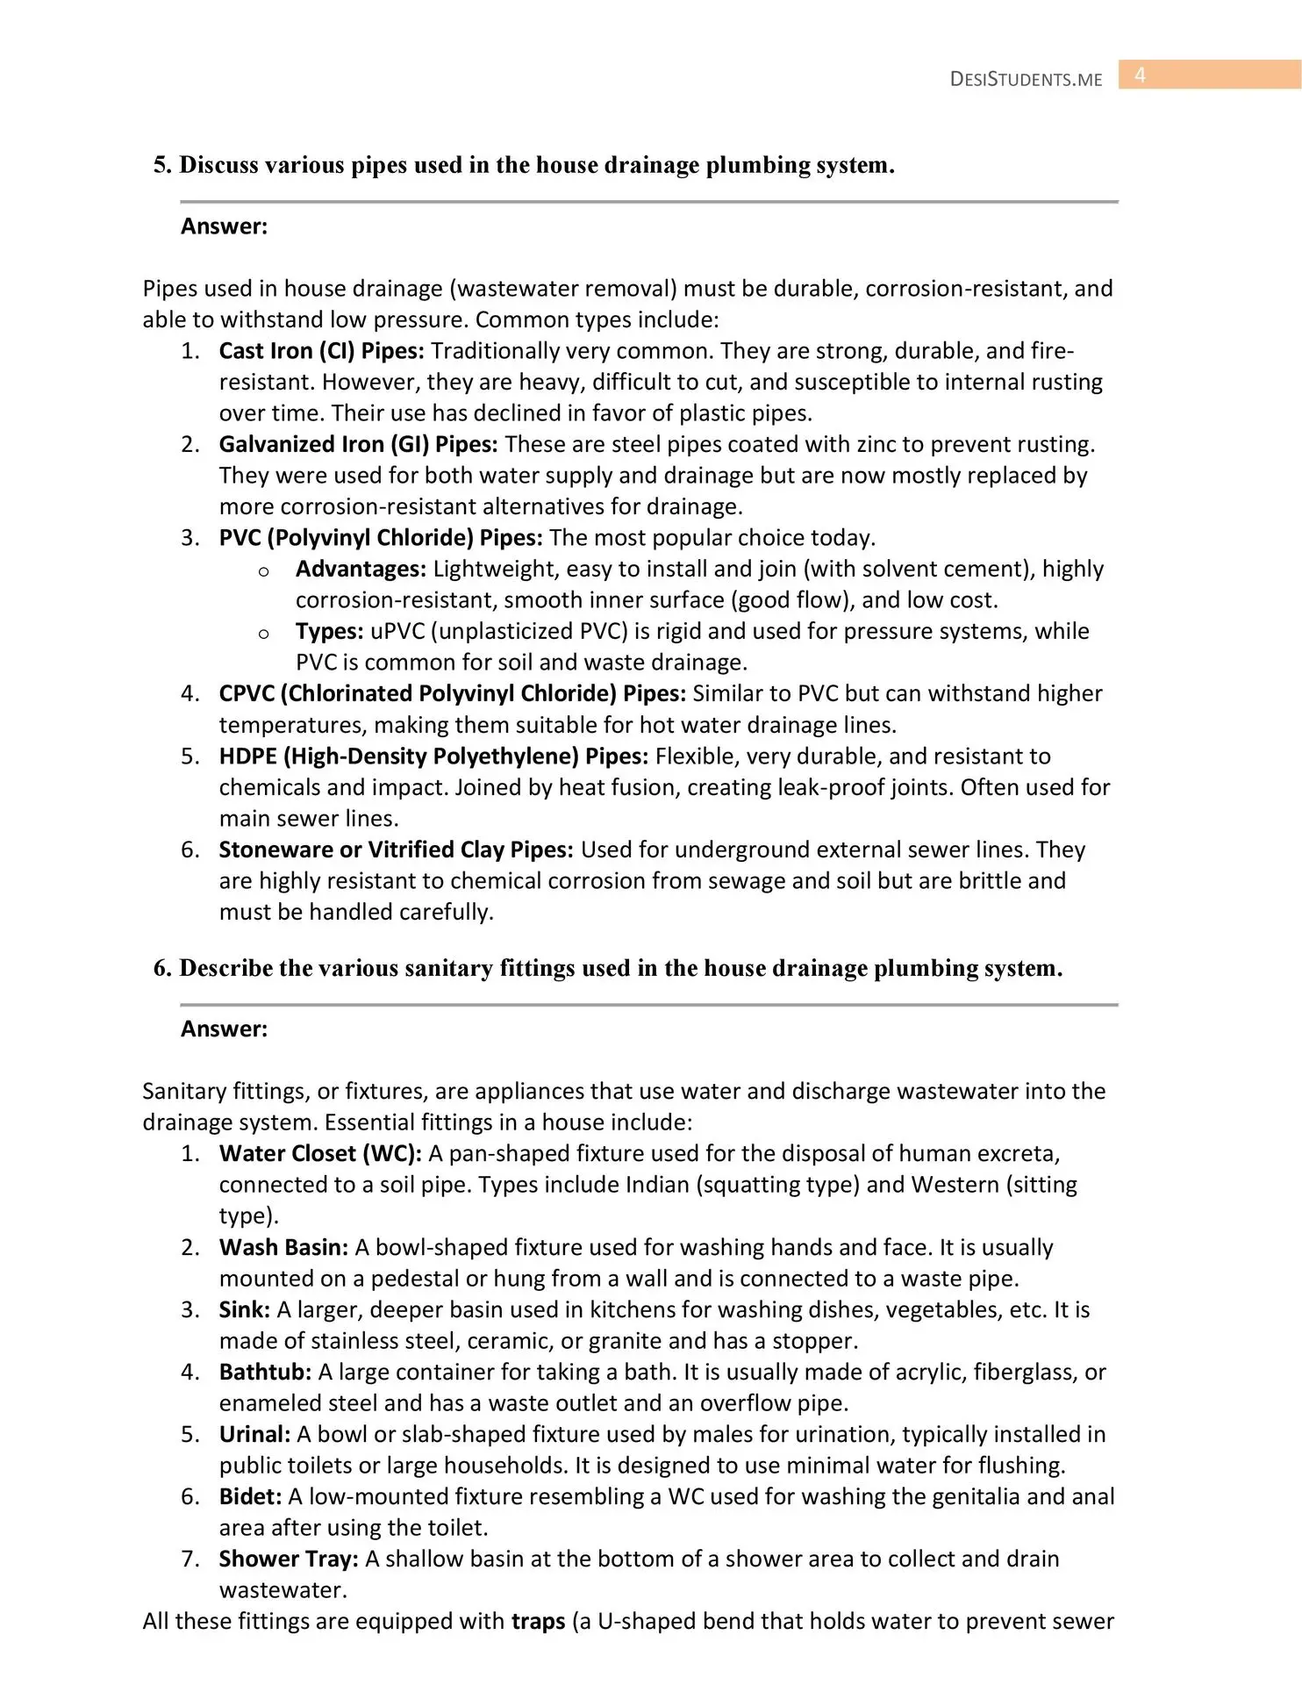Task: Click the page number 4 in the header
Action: [x=1140, y=75]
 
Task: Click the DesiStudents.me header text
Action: [x=1026, y=79]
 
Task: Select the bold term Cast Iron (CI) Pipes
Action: [x=321, y=351]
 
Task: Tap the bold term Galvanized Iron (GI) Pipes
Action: [x=358, y=444]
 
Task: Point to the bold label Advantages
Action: [x=361, y=569]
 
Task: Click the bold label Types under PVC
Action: [x=329, y=631]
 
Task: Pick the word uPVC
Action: [x=397, y=631]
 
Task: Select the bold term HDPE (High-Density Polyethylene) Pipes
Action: [x=433, y=756]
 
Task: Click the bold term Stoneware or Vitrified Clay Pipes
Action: [x=396, y=850]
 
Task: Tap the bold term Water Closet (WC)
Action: [x=320, y=1153]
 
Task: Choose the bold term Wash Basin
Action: [x=283, y=1247]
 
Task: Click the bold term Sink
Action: [x=245, y=1309]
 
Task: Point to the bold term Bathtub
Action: [x=265, y=1372]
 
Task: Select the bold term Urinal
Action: [x=254, y=1434]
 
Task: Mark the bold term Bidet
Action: [x=250, y=1496]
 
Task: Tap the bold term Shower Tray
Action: [x=289, y=1559]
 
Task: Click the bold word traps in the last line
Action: [x=538, y=1621]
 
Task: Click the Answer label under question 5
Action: [x=224, y=226]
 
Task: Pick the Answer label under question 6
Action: [x=224, y=1029]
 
